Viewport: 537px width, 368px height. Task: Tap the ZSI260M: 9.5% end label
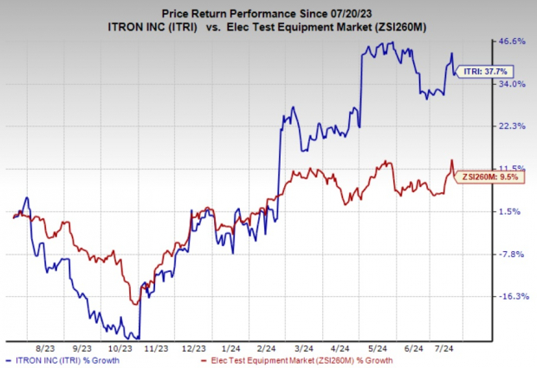(481, 176)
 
